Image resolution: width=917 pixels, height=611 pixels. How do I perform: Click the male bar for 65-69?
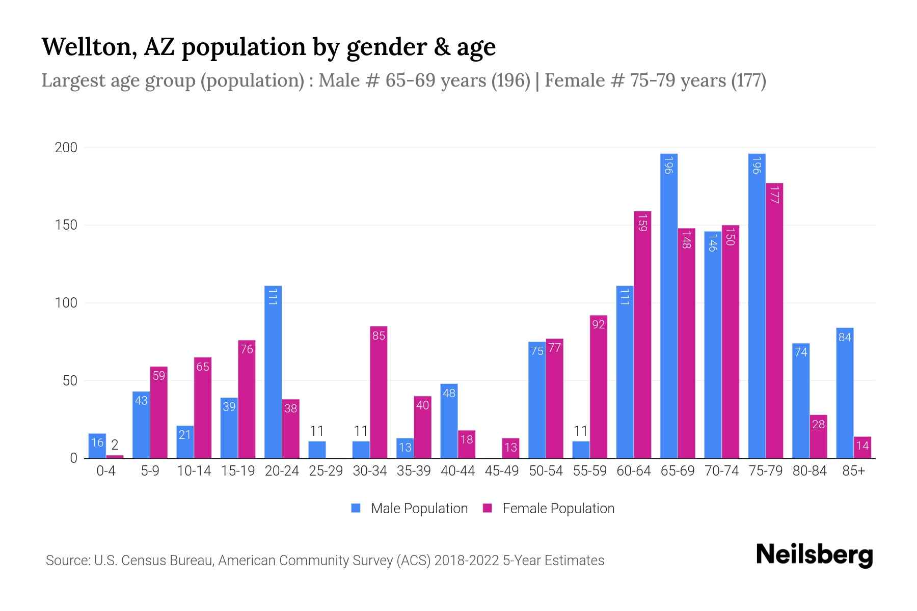pyautogui.click(x=669, y=305)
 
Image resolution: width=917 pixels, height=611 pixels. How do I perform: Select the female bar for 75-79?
pyautogui.click(x=774, y=321)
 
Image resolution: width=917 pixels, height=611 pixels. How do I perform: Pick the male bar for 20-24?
pyautogui.click(x=273, y=372)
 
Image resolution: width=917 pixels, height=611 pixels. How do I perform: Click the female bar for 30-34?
pyautogui.click(x=379, y=392)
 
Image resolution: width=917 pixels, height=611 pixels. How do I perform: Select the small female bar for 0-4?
pyautogui.click(x=115, y=456)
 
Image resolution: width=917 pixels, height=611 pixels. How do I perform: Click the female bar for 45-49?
pyautogui.click(x=510, y=448)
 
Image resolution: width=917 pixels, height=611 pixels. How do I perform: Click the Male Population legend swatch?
pyautogui.click(x=356, y=508)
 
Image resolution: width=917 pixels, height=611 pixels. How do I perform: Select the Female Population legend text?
pyautogui.click(x=558, y=509)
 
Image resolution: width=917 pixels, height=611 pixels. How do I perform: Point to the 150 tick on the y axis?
pyautogui.click(x=66, y=225)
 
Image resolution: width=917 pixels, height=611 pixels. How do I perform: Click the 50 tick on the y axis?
pyautogui.click(x=70, y=381)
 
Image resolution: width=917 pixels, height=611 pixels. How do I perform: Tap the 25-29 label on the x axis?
pyautogui.click(x=326, y=471)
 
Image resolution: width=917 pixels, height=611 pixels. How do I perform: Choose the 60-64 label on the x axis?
pyautogui.click(x=633, y=471)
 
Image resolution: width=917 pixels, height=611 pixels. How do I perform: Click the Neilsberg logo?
pyautogui.click(x=814, y=555)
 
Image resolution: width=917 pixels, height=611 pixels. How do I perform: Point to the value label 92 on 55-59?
pyautogui.click(x=599, y=324)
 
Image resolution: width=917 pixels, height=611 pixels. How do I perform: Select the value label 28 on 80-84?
pyautogui.click(x=818, y=424)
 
